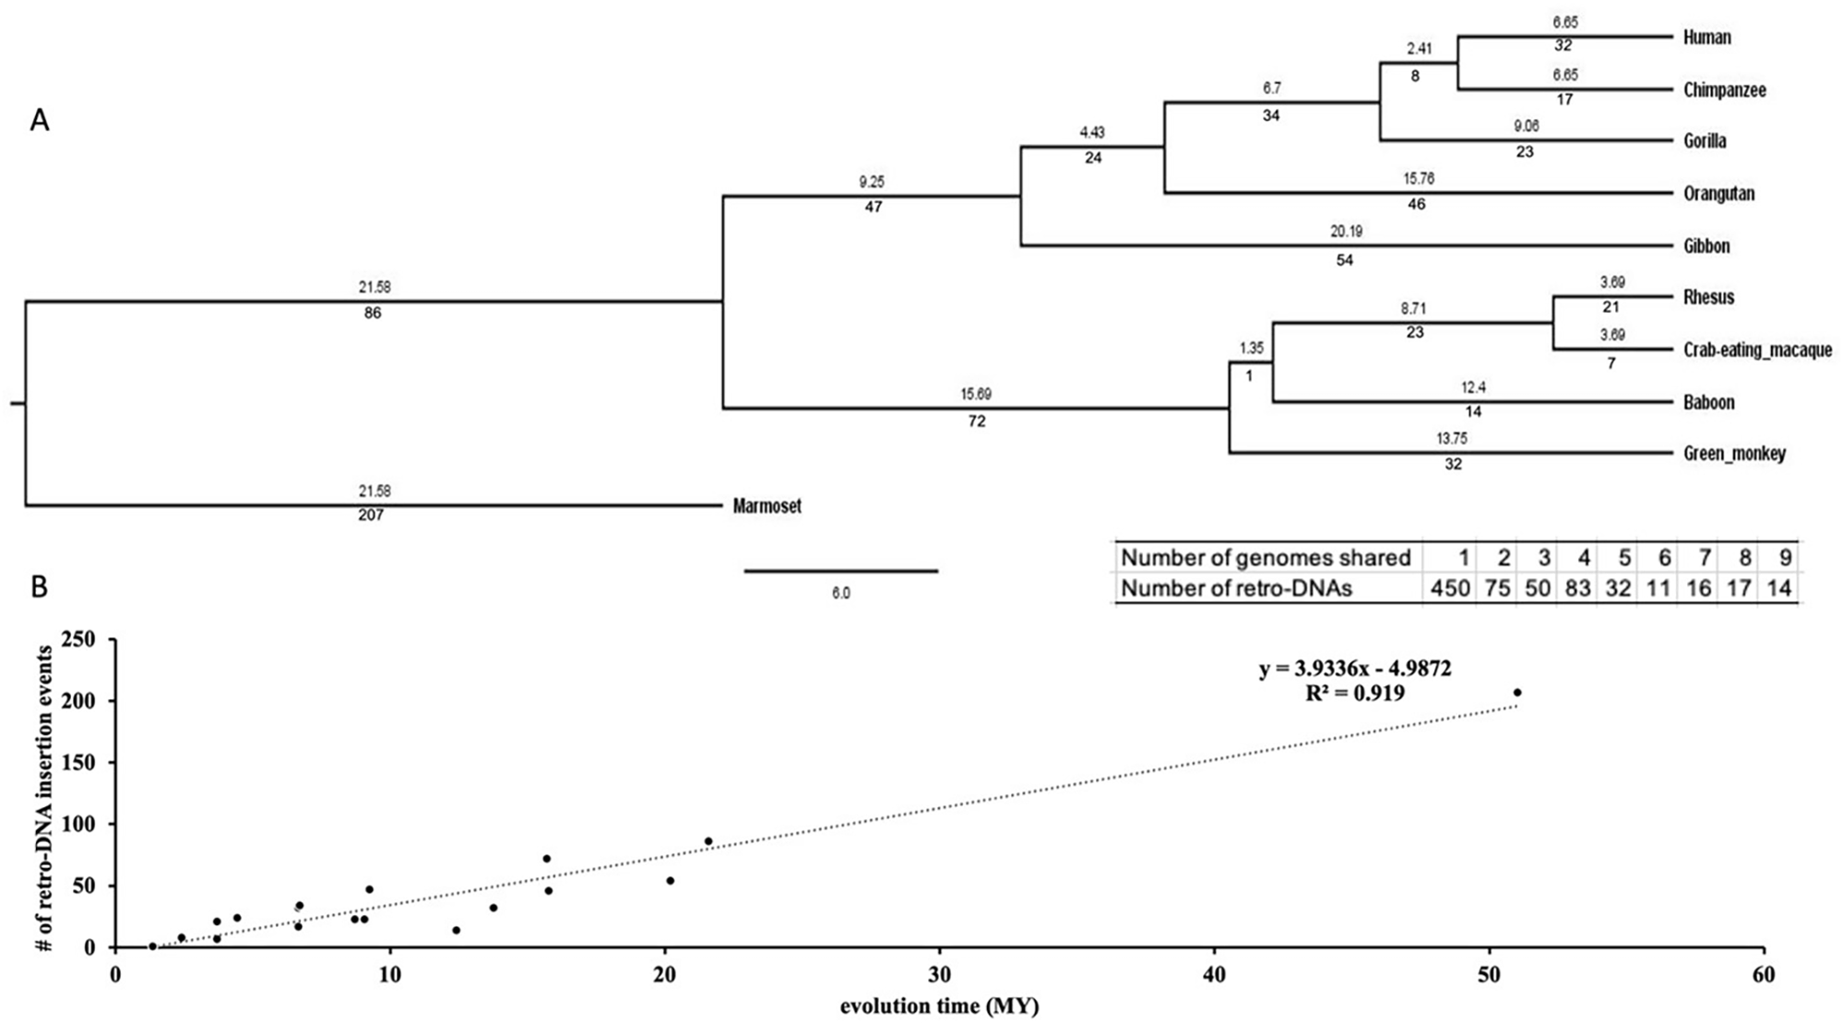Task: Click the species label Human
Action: tap(1706, 38)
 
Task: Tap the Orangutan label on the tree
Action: tap(1718, 194)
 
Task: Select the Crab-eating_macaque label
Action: tap(1757, 351)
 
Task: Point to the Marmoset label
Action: tap(767, 506)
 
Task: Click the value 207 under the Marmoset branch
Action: tap(373, 516)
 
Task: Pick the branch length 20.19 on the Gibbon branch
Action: tap(1343, 232)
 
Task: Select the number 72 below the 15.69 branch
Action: tap(977, 422)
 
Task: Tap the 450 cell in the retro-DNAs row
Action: tap(1449, 589)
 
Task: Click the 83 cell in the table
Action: tap(1579, 589)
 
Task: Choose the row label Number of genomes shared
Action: tap(1266, 557)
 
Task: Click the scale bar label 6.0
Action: tap(840, 594)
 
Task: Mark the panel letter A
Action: tap(40, 120)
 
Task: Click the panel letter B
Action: tap(40, 587)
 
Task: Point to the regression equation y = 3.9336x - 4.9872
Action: tap(1355, 669)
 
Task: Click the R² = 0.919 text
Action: tap(1355, 693)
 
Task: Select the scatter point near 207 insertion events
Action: tap(1517, 692)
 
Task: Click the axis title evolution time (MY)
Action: tap(939, 1006)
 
